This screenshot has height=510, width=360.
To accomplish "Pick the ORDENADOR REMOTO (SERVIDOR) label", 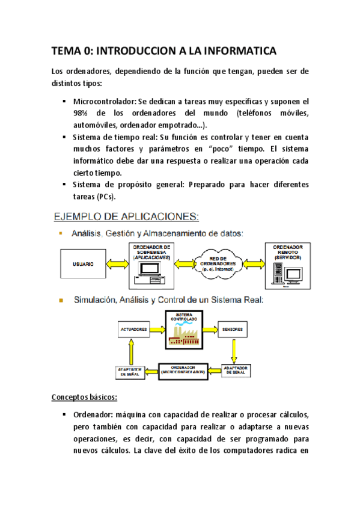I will tap(287, 253).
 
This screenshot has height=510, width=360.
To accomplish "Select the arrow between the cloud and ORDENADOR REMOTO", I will tap(252, 263).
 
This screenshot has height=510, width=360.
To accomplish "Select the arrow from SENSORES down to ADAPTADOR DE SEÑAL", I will tap(234, 349).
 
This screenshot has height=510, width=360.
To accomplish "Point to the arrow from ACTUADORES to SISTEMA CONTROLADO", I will tap(159, 330).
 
